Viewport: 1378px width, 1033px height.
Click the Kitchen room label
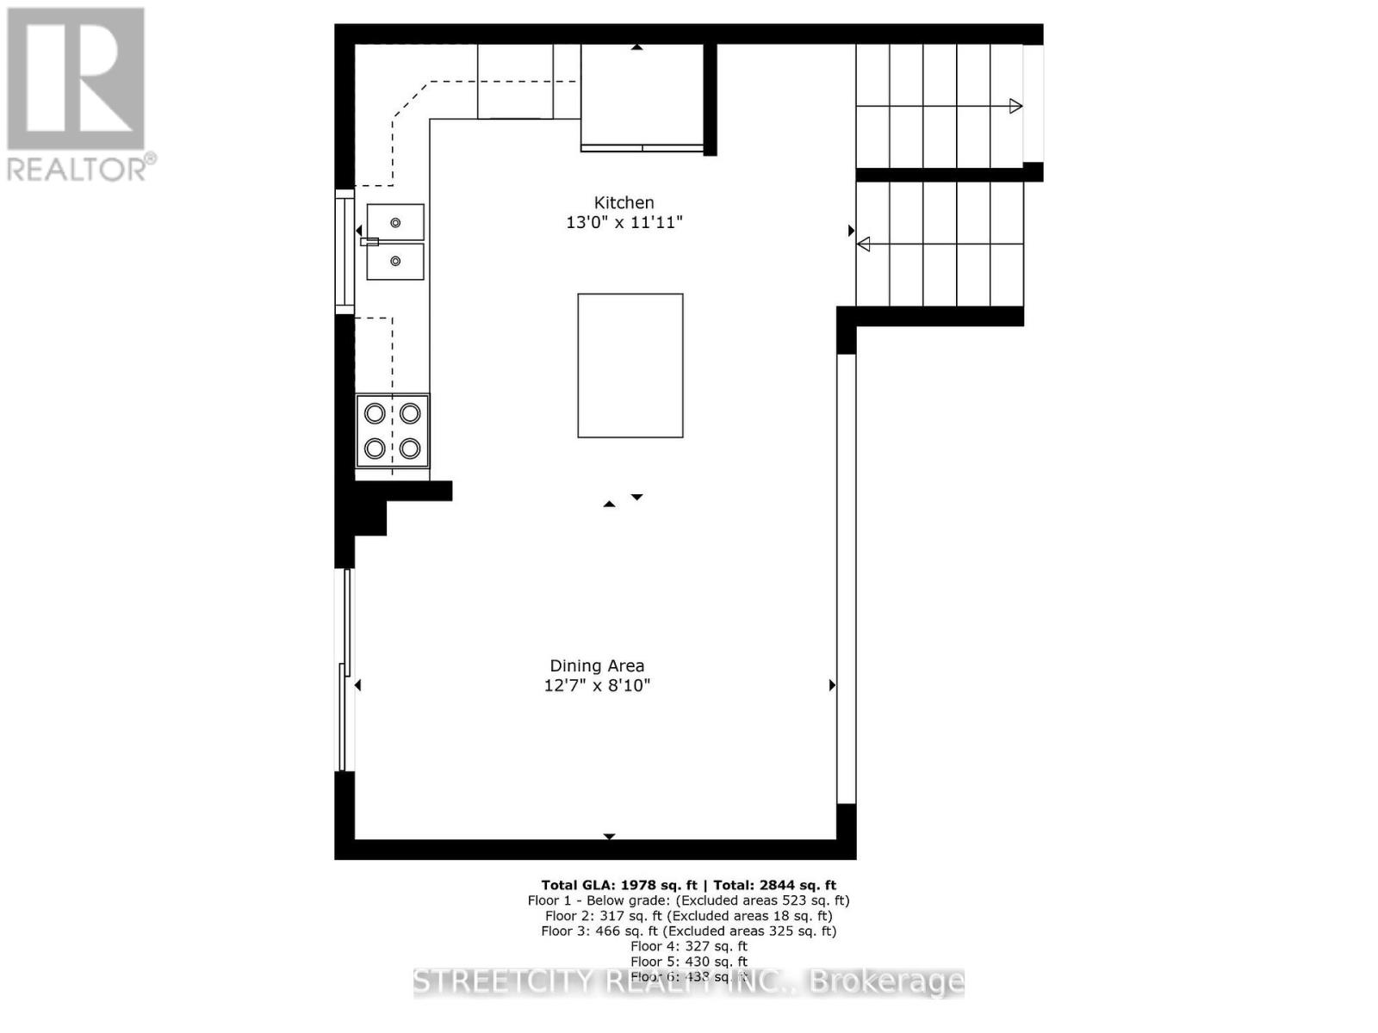click(624, 202)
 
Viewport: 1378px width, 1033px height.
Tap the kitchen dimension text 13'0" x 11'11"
click(624, 222)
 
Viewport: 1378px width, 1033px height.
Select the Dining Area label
click(597, 665)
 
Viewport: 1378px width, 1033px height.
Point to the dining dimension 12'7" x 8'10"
click(597, 685)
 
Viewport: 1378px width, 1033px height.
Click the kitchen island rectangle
click(630, 366)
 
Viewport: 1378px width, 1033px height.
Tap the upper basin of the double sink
click(395, 222)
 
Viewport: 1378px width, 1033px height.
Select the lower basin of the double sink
click(395, 261)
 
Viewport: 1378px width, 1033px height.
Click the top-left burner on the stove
click(375, 413)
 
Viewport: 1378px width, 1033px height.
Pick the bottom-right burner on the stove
click(410, 448)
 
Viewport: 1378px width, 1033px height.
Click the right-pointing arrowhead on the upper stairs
click(1016, 106)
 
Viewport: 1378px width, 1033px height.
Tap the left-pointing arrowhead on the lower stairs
click(863, 244)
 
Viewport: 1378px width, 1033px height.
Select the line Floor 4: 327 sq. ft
click(688, 946)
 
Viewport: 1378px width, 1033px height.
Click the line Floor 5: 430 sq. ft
click(688, 962)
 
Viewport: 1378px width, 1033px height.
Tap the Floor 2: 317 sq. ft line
click(688, 916)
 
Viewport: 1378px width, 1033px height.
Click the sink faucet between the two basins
click(369, 242)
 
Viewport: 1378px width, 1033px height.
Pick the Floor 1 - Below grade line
click(688, 900)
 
